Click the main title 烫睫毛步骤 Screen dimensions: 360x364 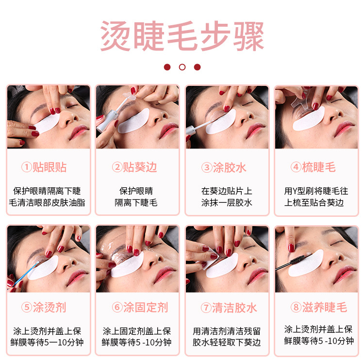(182, 36)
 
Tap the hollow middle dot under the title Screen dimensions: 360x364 (182, 67)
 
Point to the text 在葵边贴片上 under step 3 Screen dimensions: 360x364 (227, 191)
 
